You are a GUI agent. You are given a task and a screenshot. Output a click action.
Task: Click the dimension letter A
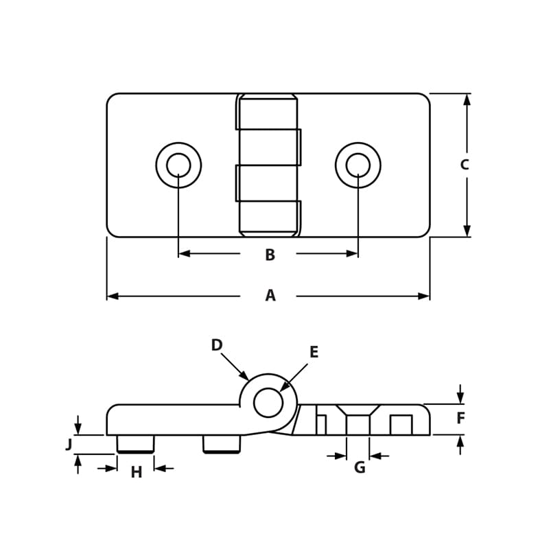[270, 296]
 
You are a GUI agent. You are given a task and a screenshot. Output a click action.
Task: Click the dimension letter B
[270, 255]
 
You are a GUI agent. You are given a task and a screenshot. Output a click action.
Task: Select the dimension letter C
[465, 165]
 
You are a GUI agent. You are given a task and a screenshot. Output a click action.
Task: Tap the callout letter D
[217, 345]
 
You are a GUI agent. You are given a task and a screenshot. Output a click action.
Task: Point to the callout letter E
[314, 353]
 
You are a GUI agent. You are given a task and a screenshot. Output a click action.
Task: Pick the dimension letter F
[460, 418]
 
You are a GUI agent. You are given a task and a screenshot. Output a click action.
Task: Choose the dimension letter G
[359, 468]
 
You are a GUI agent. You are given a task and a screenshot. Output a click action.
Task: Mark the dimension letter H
[136, 472]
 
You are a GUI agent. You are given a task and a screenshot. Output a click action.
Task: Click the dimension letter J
[69, 445]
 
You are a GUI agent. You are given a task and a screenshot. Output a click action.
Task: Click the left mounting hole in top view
[178, 165]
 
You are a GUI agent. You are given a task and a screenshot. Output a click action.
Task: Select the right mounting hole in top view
[358, 165]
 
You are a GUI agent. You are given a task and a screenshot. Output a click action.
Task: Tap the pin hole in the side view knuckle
[268, 402]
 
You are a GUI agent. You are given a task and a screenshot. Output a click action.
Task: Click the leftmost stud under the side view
[135, 444]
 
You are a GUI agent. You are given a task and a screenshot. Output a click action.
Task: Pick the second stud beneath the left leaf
[222, 444]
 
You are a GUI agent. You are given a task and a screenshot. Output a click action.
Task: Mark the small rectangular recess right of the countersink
[401, 425]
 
